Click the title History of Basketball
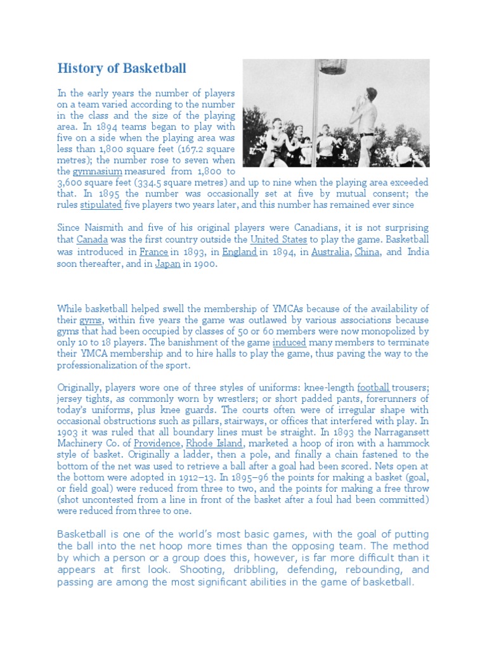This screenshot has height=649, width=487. click(122, 68)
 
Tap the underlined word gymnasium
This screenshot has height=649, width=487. click(97, 172)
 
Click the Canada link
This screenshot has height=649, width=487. click(92, 240)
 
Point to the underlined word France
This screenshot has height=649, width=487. click(154, 252)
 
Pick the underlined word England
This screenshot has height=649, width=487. click(239, 252)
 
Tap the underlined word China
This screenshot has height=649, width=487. click(367, 252)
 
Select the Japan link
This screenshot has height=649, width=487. click(167, 264)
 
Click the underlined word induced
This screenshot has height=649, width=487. click(289, 342)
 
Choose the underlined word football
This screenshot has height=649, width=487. click(372, 387)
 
